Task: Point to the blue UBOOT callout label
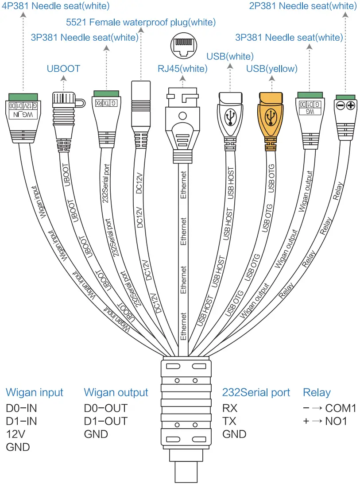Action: click(x=63, y=69)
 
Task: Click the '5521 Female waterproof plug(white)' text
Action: click(x=141, y=22)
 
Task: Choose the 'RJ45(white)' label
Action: click(x=182, y=69)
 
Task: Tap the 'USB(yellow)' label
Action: click(x=272, y=69)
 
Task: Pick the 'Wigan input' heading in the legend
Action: click(x=35, y=392)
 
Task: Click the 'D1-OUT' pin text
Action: click(x=105, y=421)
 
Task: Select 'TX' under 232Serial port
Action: click(x=230, y=421)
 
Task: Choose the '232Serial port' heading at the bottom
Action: click(x=256, y=392)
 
